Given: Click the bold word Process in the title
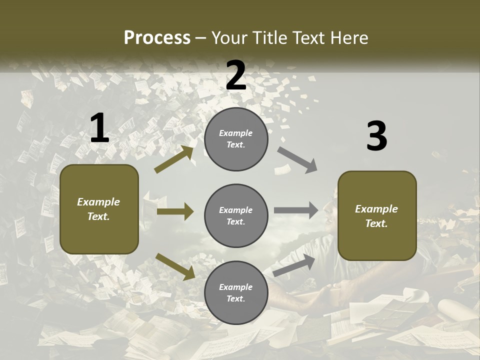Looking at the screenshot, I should tap(157, 37).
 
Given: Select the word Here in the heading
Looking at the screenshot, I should tap(347, 37).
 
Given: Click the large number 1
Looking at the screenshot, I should tap(99, 128).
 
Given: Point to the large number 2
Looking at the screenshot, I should tap(236, 75).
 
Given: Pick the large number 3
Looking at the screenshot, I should tap(376, 136).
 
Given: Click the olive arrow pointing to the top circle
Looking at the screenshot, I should tap(174, 159).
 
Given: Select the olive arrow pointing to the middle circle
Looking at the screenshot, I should tap(175, 211).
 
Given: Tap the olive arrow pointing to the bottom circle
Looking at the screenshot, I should tap(175, 266).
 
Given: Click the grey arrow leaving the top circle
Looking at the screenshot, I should tap(297, 160).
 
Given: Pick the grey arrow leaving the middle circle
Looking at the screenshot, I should tap(296, 210).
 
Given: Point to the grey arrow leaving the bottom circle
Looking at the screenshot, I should tap(294, 265).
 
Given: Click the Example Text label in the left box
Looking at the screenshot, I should tap(98, 209).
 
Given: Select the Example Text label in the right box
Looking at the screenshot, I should tap(376, 216).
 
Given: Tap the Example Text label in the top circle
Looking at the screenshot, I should tap(236, 138).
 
